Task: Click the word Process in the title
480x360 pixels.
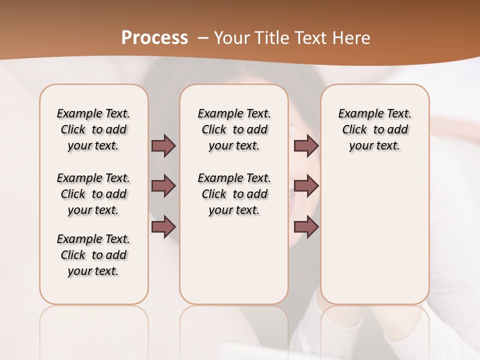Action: (154, 37)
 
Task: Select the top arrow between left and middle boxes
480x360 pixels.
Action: (163, 145)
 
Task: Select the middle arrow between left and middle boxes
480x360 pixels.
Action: (163, 186)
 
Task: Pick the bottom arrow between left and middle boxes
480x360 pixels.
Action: (163, 227)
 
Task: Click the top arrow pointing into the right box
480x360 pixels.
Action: (306, 145)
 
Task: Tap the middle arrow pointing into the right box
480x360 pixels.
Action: (306, 186)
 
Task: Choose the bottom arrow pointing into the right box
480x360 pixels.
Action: (306, 227)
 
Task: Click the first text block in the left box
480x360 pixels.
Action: (93, 129)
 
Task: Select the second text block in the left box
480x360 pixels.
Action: (93, 194)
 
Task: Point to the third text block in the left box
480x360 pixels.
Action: (93, 255)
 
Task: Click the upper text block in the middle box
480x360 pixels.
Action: (234, 129)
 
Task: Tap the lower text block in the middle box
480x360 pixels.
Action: (234, 194)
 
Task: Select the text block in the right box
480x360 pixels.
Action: (374, 129)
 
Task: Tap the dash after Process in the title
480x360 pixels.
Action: (203, 37)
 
